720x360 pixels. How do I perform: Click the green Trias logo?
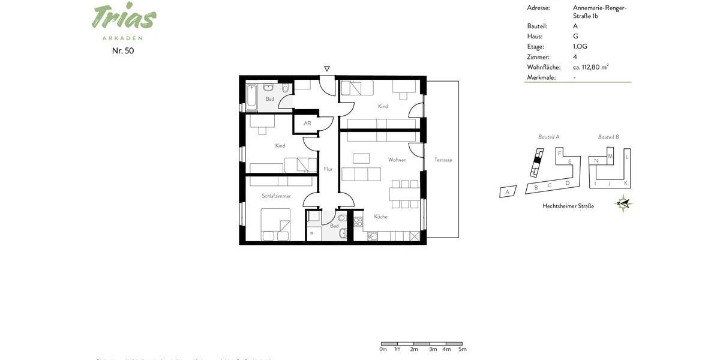coord(124,17)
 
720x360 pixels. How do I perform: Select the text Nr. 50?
coord(123,51)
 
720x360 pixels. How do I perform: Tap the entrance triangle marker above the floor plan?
coord(327,69)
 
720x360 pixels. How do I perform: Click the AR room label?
coord(307,124)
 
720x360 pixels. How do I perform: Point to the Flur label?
coord(328,169)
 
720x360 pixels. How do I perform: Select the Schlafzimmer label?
coord(276,196)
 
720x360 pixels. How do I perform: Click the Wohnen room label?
coord(397,160)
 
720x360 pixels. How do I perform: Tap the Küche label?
coord(381,217)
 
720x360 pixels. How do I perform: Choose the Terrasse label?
coord(443,160)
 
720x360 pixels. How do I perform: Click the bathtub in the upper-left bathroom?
coord(251,98)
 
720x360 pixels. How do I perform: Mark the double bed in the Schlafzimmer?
coord(275,225)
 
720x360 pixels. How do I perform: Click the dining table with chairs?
coord(405,194)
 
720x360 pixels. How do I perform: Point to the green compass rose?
coord(624,204)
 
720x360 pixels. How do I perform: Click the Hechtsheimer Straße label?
coord(568,206)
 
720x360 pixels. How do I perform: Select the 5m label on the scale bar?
coord(462,349)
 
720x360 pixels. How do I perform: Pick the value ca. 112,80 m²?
coord(590,67)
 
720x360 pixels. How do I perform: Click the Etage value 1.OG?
coord(580,47)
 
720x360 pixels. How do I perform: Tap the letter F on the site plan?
coord(559,154)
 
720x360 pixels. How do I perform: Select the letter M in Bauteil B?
coord(610,157)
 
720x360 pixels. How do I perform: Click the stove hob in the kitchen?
coord(358,222)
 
